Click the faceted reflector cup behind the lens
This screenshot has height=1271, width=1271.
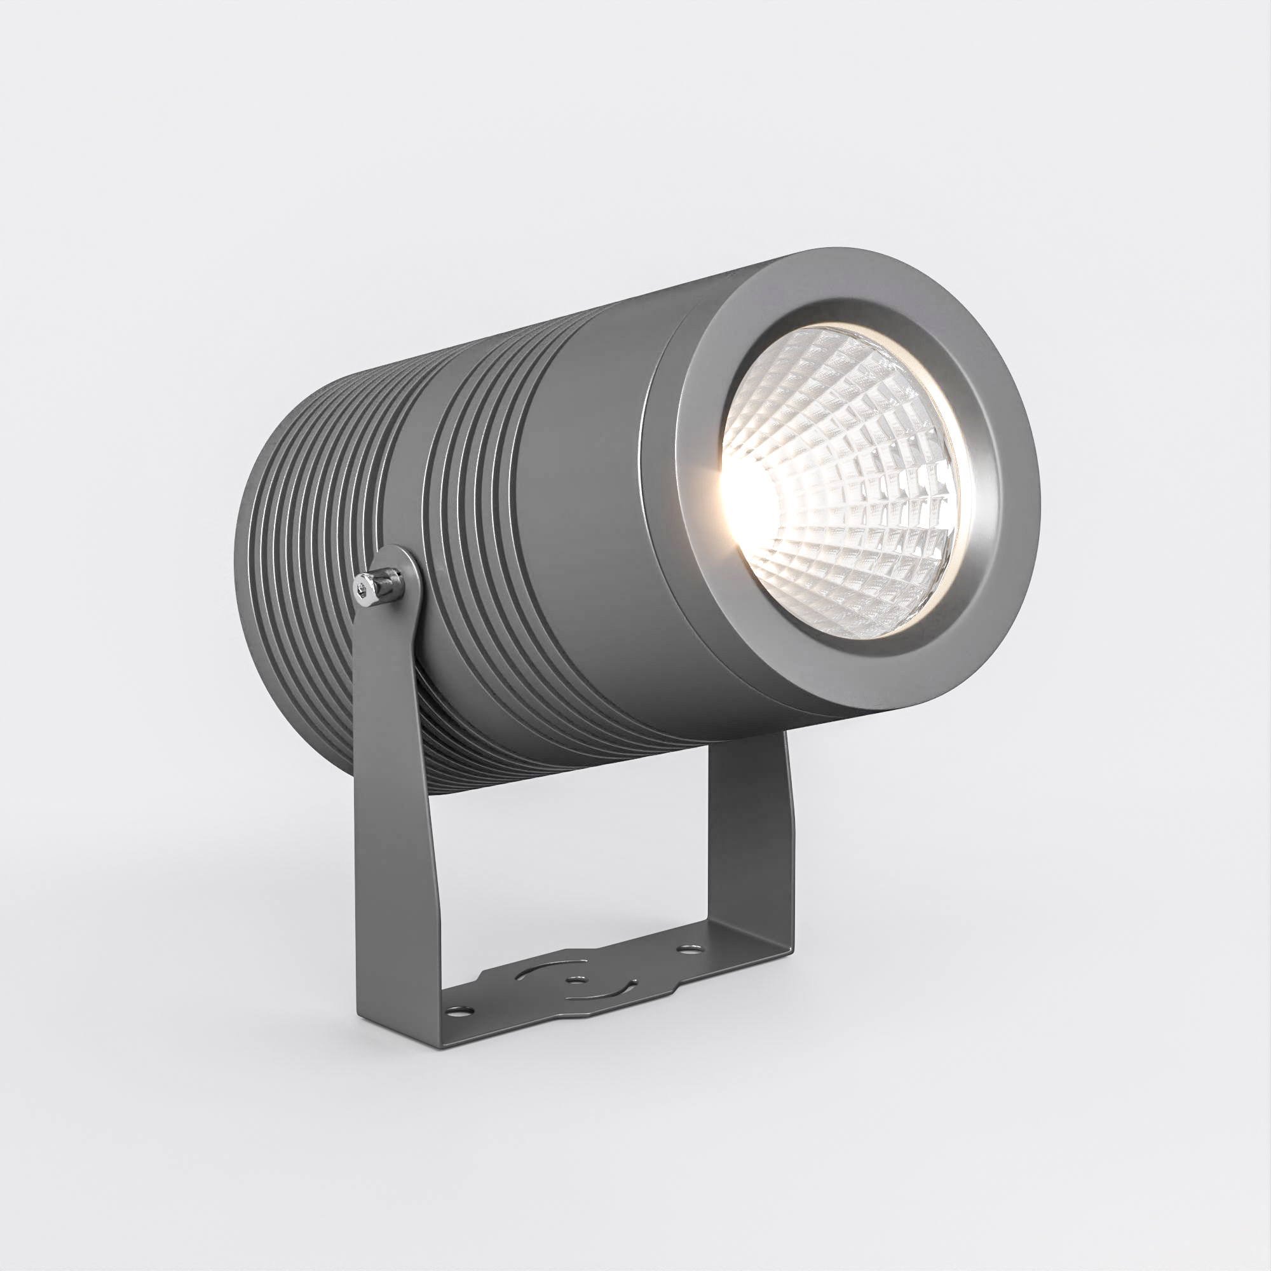click(x=875, y=500)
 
